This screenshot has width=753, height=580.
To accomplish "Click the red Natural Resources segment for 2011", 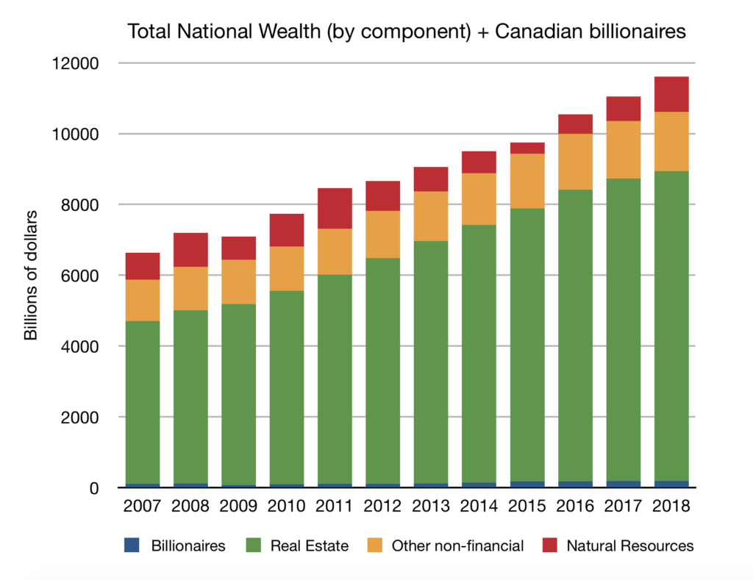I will [x=334, y=208].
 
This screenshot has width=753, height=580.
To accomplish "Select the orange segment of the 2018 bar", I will [x=671, y=141].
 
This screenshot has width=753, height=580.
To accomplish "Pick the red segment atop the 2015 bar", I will [x=527, y=148].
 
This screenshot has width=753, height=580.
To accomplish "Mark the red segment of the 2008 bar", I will [x=190, y=249].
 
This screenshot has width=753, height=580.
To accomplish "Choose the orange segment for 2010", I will [x=286, y=268].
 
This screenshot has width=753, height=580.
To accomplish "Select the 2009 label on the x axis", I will [x=238, y=508].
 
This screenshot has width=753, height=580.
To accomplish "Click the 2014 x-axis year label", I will [x=478, y=508].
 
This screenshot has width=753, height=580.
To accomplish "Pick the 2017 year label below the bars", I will [x=622, y=508].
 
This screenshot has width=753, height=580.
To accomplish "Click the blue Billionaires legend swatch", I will [x=131, y=545].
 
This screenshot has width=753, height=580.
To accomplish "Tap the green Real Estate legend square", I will [x=251, y=545].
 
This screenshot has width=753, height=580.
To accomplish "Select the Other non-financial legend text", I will [x=457, y=545].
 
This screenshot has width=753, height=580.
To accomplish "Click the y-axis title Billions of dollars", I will [x=31, y=276].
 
